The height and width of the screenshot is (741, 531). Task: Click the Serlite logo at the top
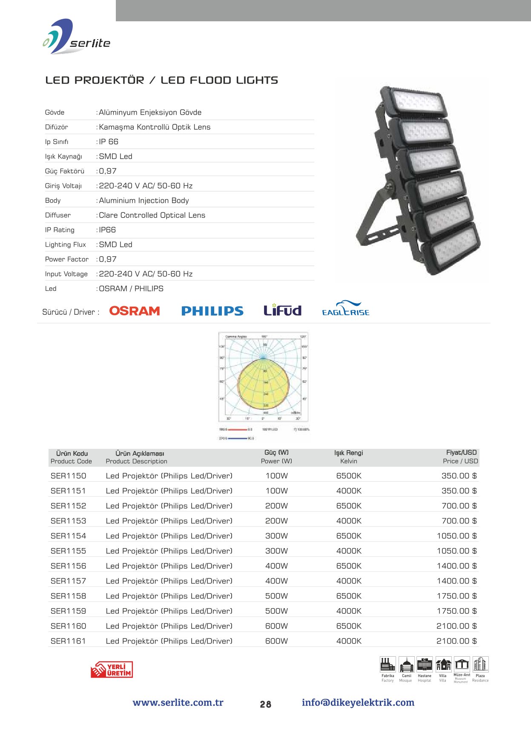(77, 37)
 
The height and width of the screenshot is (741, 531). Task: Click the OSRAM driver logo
(135, 311)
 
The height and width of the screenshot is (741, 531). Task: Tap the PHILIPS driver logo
(212, 311)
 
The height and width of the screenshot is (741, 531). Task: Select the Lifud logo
(282, 310)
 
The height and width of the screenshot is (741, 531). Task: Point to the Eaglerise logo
(345, 309)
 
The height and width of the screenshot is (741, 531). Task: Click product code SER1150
(68, 476)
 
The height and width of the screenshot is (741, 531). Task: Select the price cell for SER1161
(456, 641)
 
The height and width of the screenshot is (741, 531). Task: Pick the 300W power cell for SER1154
(276, 536)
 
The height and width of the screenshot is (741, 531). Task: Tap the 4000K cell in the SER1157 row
(349, 581)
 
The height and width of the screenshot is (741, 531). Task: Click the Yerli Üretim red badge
(112, 669)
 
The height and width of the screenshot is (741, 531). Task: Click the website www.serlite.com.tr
(178, 703)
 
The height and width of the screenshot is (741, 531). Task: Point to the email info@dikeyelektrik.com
(358, 703)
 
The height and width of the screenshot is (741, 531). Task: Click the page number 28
(266, 704)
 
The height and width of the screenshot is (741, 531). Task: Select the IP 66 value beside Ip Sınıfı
(109, 142)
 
